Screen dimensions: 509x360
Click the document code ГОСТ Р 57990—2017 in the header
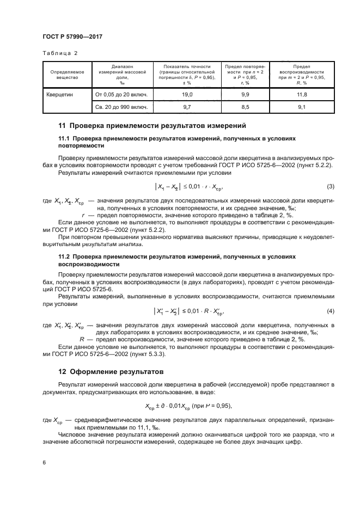[x=72, y=36]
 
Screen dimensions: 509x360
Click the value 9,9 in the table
[x=245, y=95]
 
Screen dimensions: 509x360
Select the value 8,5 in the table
[x=245, y=107]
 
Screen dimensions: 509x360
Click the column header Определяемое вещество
[x=64, y=75]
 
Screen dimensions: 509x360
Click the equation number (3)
[x=330, y=187]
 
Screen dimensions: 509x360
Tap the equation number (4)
[x=330, y=311]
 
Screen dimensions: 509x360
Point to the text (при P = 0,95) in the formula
[x=212, y=406]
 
